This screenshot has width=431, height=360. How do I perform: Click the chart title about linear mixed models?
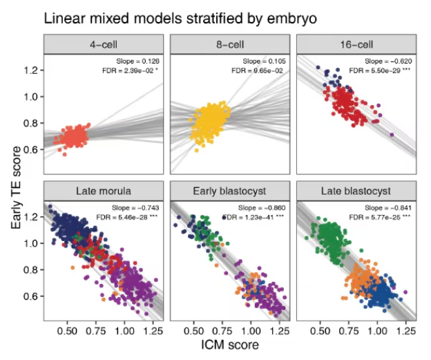[x=181, y=18]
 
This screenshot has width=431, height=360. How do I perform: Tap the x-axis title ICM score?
[x=230, y=345]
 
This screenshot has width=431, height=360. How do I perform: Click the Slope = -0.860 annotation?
[x=262, y=206]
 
